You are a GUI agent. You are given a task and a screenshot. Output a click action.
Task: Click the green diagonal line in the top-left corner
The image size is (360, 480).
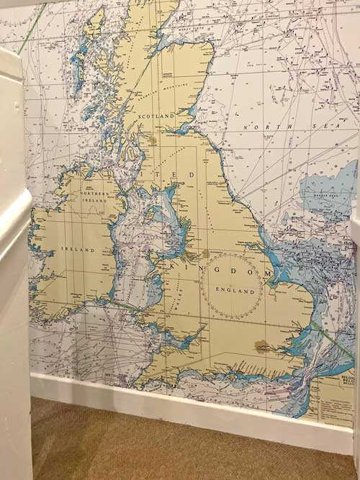(x=32, y=29)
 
